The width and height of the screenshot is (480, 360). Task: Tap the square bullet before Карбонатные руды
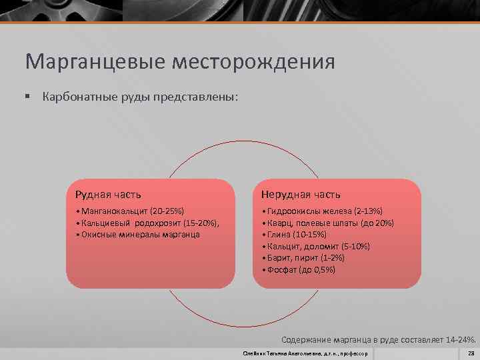(28, 97)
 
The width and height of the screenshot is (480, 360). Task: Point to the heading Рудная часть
(108, 195)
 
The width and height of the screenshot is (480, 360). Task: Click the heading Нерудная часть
(301, 195)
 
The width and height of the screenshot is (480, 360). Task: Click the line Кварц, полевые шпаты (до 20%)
(329, 223)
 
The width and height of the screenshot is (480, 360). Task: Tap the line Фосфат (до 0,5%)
(301, 270)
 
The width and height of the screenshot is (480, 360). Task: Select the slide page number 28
(471, 353)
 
